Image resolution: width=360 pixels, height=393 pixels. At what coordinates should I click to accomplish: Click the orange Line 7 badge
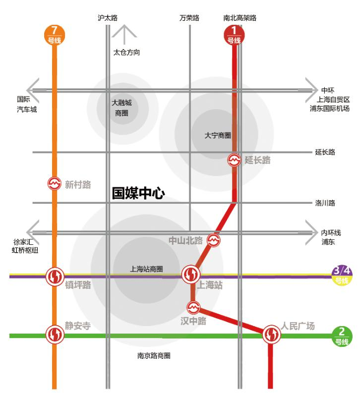(54, 35)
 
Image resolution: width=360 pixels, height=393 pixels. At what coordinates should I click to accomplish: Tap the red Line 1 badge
(234, 35)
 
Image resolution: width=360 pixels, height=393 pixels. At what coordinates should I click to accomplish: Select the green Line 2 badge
(342, 336)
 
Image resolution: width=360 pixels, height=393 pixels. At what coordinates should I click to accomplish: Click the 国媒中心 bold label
(137, 193)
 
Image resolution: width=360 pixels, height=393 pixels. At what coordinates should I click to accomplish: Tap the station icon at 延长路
(234, 160)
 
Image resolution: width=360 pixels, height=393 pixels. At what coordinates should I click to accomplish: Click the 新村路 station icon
(54, 184)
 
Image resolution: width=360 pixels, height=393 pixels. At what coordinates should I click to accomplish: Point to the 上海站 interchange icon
(191, 274)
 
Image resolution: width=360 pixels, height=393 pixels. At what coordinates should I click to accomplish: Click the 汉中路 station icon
(193, 307)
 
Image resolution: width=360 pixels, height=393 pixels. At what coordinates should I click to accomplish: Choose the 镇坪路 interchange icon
(54, 276)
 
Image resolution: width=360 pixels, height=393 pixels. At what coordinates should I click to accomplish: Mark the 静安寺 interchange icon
(54, 335)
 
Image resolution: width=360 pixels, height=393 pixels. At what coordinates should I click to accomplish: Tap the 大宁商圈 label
(218, 135)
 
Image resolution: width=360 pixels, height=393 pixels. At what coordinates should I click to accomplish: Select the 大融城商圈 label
(121, 108)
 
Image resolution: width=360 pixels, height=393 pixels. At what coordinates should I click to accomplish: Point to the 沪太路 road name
(107, 18)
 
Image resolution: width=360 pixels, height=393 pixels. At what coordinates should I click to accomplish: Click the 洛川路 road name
(325, 203)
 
